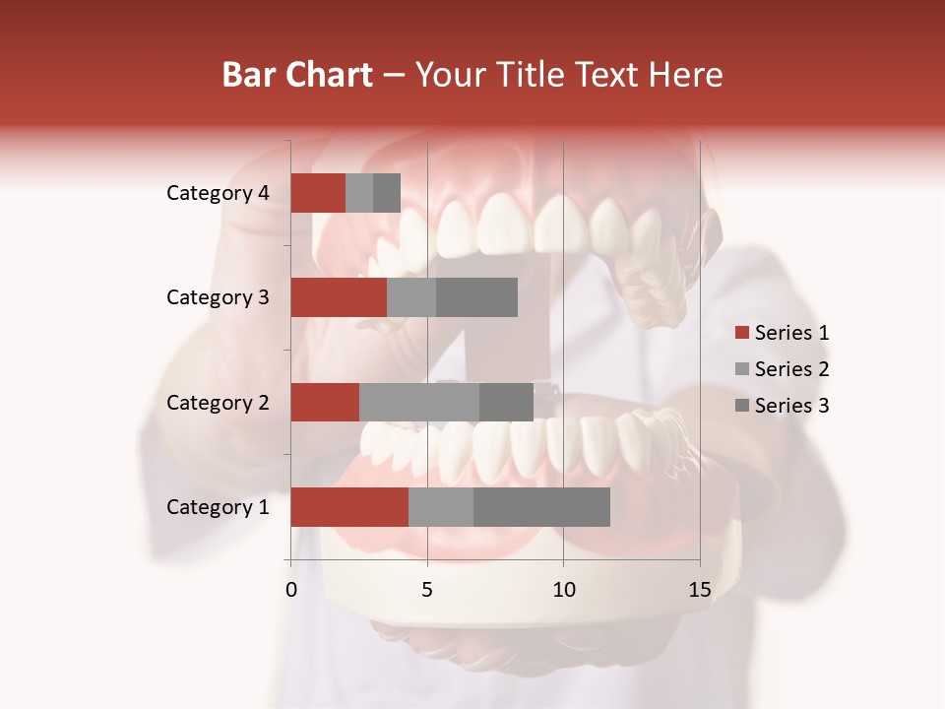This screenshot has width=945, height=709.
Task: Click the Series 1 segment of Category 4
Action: (318, 193)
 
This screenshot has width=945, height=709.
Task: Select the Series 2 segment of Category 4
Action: (359, 193)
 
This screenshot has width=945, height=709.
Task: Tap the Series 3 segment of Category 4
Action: (387, 193)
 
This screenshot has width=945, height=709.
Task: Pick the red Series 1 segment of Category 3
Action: (339, 297)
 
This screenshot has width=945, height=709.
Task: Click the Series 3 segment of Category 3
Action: (476, 297)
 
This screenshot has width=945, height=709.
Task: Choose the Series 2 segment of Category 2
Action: (419, 402)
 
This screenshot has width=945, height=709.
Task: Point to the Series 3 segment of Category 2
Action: (506, 402)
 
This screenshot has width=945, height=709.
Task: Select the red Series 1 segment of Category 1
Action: (349, 507)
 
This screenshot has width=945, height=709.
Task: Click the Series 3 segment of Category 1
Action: (541, 507)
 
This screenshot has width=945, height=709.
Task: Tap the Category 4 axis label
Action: (218, 193)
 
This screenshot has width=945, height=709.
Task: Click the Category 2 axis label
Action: (218, 402)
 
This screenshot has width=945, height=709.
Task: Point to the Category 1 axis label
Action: (218, 507)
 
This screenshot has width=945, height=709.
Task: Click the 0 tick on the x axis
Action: (291, 590)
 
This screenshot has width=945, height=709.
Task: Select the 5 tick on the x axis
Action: (427, 590)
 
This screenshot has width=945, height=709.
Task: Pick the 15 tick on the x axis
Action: (699, 590)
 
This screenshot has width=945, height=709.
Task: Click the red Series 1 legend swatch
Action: (742, 333)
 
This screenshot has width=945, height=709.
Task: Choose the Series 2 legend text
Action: (791, 369)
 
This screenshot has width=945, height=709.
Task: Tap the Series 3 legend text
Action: (791, 406)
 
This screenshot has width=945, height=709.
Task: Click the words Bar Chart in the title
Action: (297, 75)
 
